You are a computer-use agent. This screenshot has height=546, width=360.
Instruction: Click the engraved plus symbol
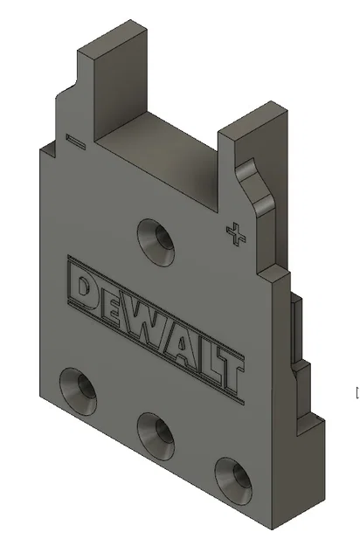pos(233,234)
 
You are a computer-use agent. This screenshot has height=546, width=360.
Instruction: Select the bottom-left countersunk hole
pos(79,389)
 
